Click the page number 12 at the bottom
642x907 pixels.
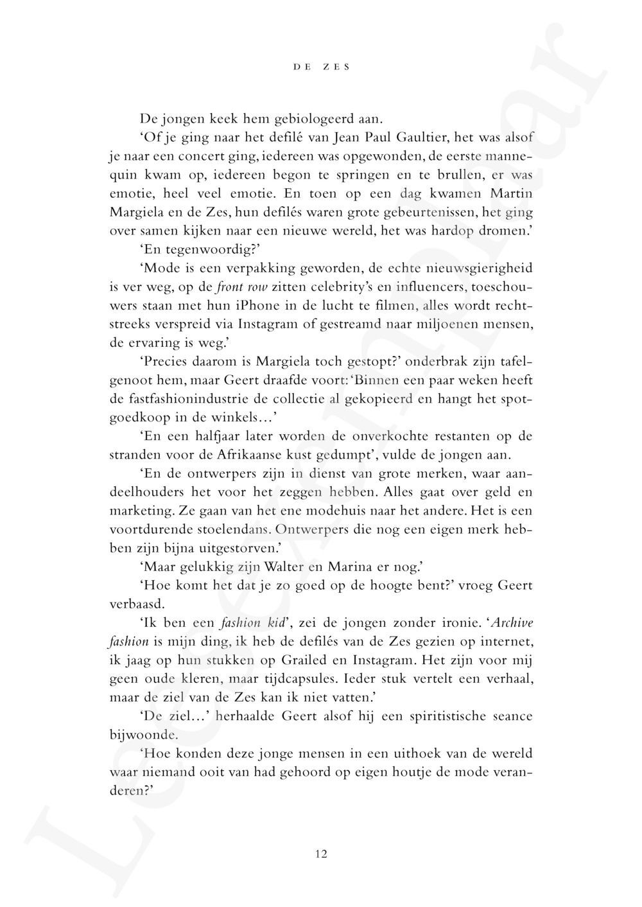[x=322, y=854]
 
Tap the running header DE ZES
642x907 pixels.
[x=322, y=67]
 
